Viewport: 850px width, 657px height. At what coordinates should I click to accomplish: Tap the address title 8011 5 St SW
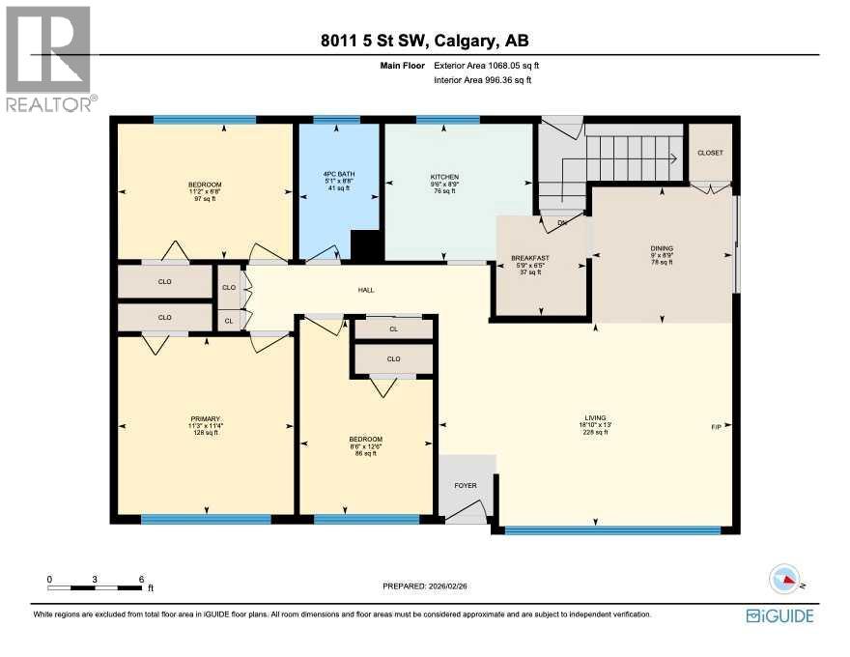(x=425, y=41)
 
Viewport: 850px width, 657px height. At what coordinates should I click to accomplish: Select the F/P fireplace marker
(x=716, y=426)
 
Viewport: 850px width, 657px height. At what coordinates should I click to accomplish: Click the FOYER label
(x=467, y=486)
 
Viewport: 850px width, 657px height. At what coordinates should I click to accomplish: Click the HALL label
(x=366, y=290)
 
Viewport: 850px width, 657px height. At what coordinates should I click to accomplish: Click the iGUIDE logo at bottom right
(x=780, y=615)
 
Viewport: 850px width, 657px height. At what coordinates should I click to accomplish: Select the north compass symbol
(x=786, y=580)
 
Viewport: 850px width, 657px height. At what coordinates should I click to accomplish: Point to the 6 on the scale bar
(x=141, y=579)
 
